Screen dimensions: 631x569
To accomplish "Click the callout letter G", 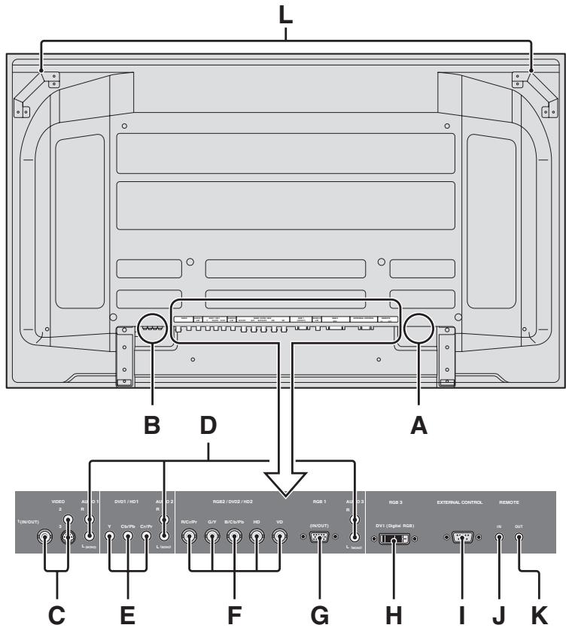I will [321, 614].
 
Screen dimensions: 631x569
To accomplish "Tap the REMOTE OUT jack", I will [519, 538].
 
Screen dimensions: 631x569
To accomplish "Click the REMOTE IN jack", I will [499, 538].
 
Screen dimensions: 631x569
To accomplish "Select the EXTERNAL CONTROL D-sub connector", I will [461, 538].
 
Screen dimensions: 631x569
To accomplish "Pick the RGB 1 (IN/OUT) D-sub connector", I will [318, 538].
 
